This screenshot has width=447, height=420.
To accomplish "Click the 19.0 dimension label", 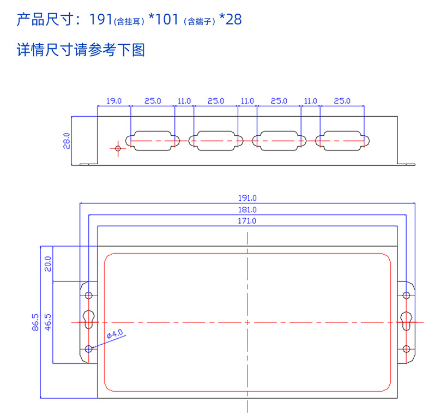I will [x=113, y=101].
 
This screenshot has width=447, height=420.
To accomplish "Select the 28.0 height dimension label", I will [x=67, y=140].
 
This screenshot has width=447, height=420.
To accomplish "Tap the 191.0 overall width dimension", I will [x=248, y=198].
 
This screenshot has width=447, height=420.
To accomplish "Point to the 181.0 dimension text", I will [x=248, y=209].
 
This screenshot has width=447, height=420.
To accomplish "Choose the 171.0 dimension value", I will [x=248, y=221].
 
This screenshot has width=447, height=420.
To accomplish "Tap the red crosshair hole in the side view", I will [x=118, y=148].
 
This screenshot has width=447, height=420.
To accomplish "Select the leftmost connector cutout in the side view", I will [x=153, y=140].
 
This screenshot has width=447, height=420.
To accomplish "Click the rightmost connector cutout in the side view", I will [x=342, y=140].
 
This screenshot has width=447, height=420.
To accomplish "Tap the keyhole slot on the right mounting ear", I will [x=406, y=320].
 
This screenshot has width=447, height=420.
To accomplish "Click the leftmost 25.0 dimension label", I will [x=153, y=101].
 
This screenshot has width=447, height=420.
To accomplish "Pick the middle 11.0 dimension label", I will [x=247, y=101].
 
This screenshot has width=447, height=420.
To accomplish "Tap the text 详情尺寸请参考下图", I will [x=81, y=51].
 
